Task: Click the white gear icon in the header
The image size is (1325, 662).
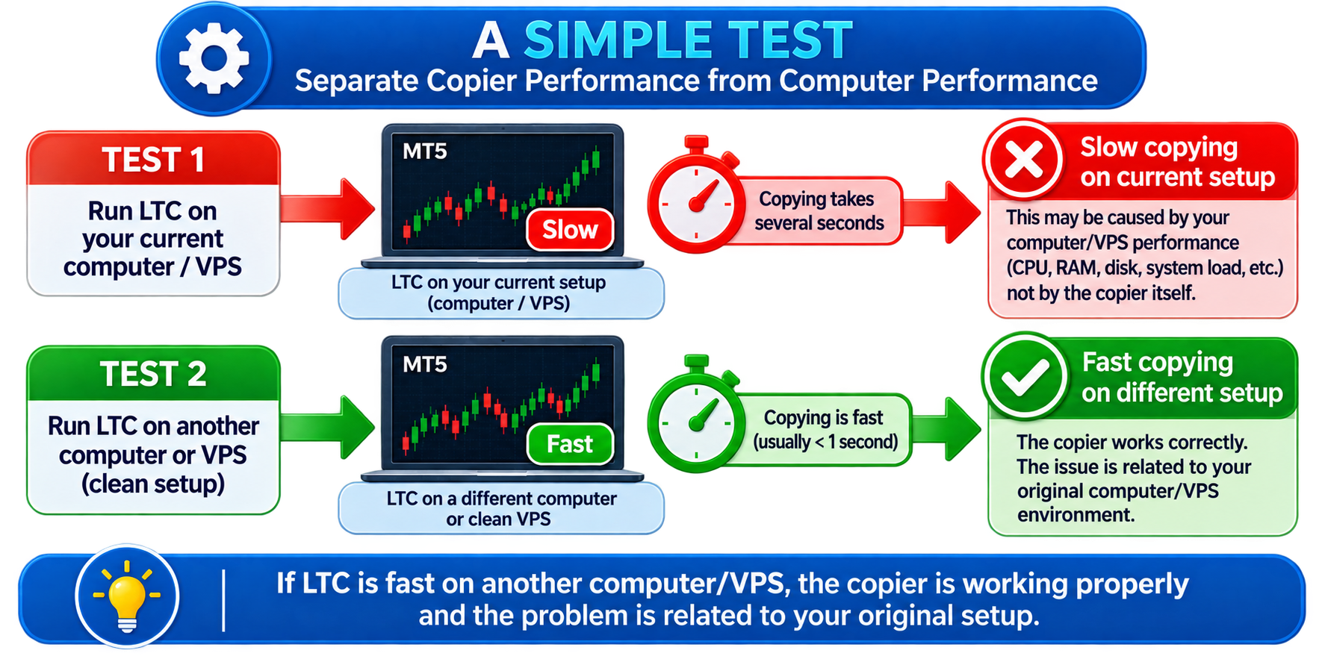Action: (x=214, y=59)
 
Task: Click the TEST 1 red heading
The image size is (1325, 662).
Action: (x=153, y=159)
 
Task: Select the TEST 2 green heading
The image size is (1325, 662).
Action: (x=153, y=374)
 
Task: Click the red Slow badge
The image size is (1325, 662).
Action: (x=570, y=230)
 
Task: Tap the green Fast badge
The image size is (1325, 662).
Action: (x=570, y=444)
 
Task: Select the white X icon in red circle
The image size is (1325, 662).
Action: (x=1023, y=159)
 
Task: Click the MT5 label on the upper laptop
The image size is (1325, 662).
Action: (x=424, y=152)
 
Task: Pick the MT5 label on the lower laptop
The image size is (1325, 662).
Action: (x=424, y=364)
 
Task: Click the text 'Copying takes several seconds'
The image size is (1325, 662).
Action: (x=819, y=211)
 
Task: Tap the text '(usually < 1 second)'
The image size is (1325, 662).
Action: (x=825, y=442)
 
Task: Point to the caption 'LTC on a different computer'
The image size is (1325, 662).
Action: (x=501, y=499)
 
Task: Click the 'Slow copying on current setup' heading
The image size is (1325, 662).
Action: (x=1177, y=162)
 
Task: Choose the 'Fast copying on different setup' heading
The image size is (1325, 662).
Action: (x=1182, y=377)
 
